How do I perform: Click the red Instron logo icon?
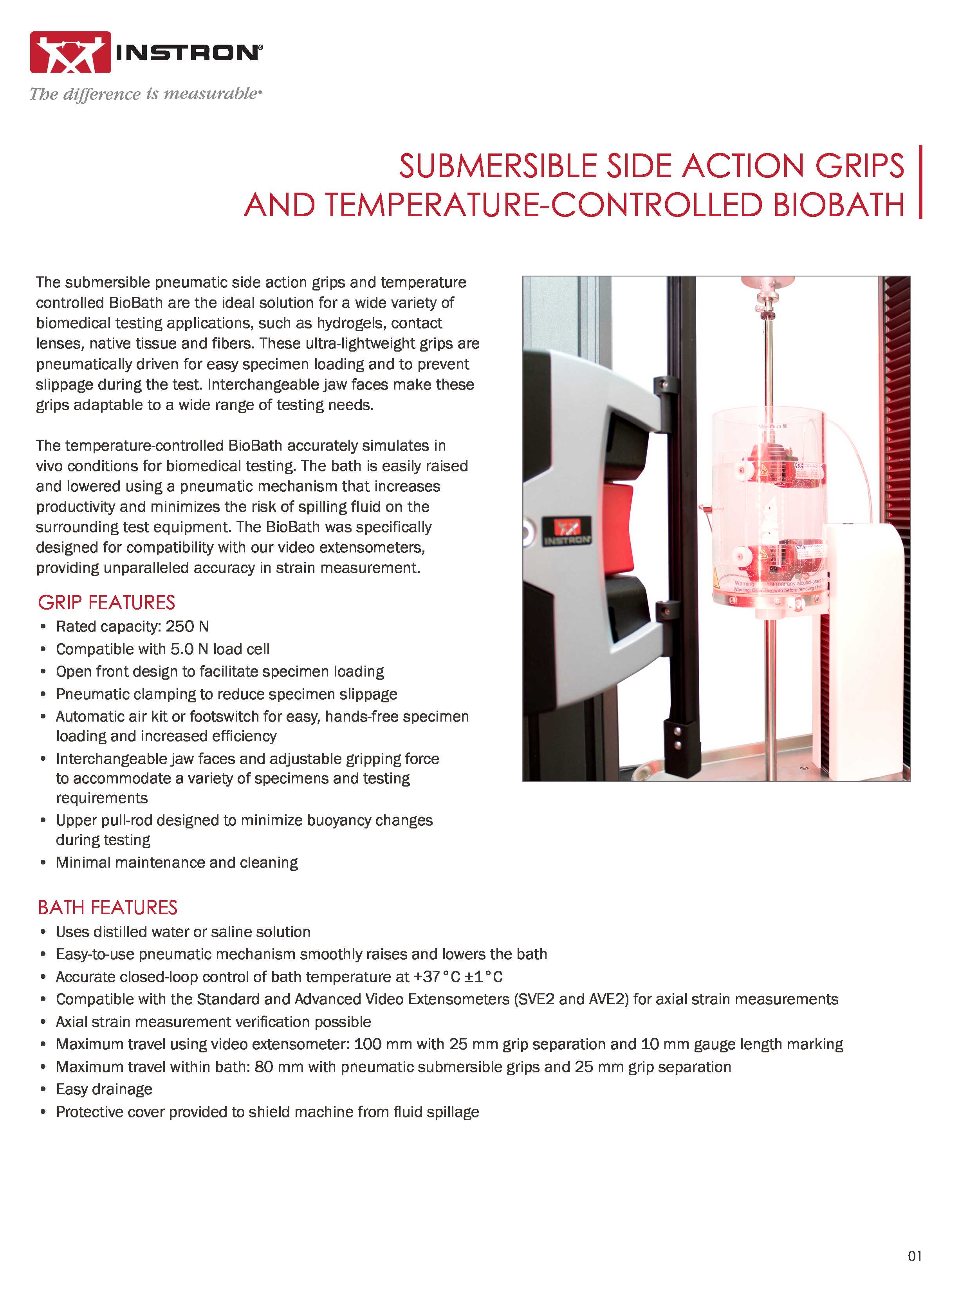[71, 52]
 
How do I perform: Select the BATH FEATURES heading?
[108, 907]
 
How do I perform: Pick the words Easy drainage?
[104, 1089]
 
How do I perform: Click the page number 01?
[915, 1256]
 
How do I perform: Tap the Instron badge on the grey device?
[567, 532]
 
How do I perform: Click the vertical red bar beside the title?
[920, 182]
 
